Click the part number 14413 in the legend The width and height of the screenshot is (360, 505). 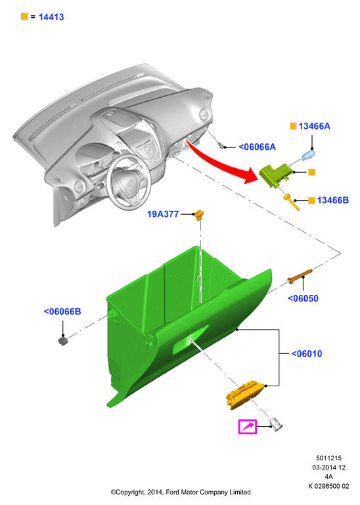[51, 17]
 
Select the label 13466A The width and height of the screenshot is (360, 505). [314, 126]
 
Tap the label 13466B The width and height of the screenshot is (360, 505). [332, 200]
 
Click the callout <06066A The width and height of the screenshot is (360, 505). [257, 147]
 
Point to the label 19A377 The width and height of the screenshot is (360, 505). [163, 214]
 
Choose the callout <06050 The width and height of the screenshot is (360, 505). [303, 299]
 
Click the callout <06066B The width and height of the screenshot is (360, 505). [62, 311]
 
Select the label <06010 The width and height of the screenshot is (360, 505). [307, 353]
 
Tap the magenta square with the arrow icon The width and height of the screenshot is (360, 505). [248, 427]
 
